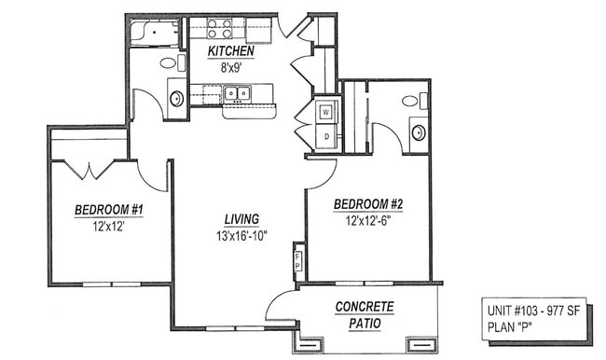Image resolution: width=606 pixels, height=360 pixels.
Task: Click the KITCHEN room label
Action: point(229,50)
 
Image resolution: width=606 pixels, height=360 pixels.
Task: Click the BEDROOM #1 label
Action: point(109,211)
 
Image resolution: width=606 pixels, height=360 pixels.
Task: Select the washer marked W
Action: point(325,112)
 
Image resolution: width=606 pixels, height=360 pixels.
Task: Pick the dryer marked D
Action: point(325,137)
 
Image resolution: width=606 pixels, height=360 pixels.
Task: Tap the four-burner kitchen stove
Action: point(220,28)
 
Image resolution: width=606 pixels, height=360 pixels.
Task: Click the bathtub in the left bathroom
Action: point(152,33)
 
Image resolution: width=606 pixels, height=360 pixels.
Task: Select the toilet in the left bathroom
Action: point(170,62)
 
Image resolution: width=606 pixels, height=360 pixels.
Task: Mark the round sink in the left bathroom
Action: point(176,98)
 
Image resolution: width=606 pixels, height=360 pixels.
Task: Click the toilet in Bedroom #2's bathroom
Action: point(410,101)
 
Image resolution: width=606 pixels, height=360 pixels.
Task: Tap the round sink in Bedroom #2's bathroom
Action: point(419,132)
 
